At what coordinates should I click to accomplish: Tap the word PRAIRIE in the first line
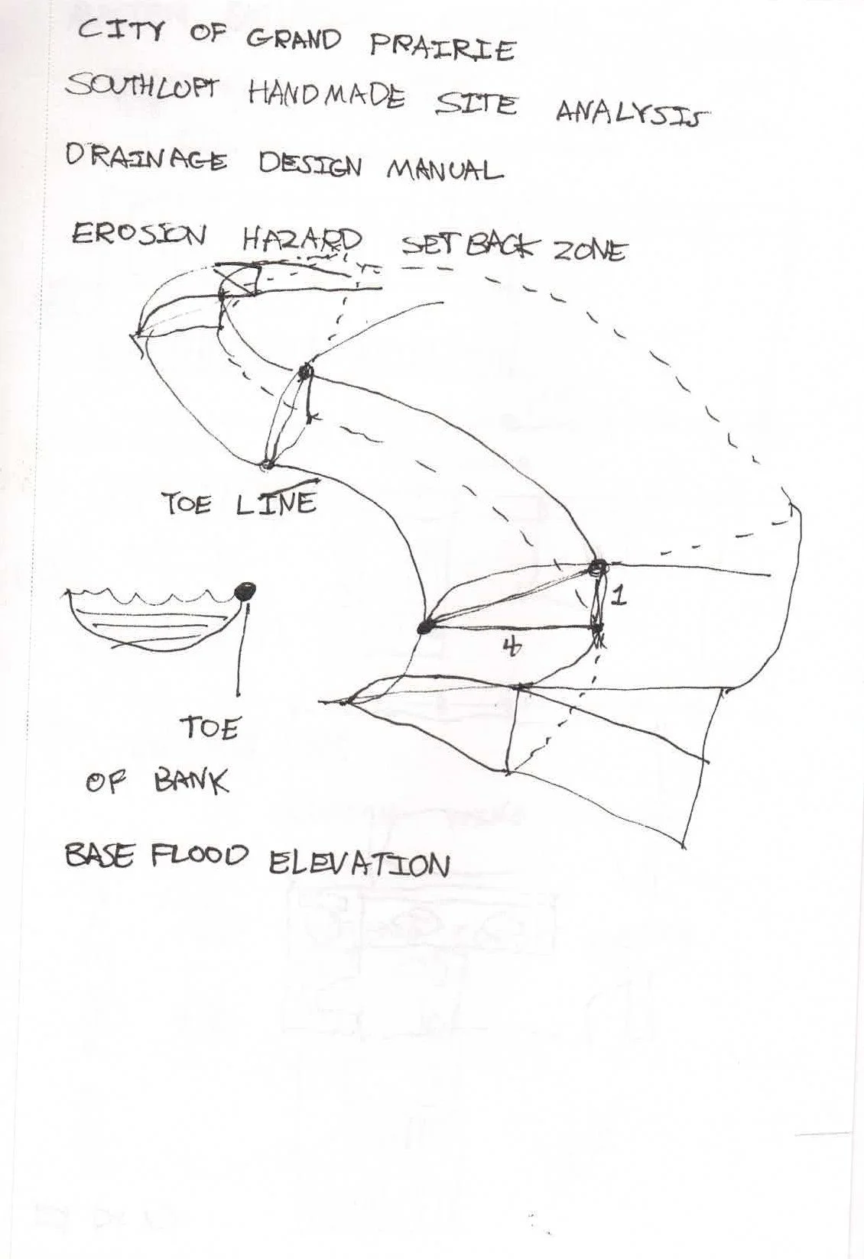pos(443,47)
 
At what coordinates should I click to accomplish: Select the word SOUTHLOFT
pos(142,89)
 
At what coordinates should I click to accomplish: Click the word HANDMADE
pos(326,96)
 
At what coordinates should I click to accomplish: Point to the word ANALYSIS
pos(631,114)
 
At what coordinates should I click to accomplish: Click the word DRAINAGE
pos(146,159)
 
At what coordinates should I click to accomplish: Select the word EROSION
pos(138,235)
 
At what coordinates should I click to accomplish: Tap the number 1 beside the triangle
pos(619,596)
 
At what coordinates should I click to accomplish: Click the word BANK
pos(190,782)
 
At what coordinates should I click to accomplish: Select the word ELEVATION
pos(359,864)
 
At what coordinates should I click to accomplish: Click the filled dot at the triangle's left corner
pos(424,627)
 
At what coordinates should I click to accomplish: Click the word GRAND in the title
pos(294,40)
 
